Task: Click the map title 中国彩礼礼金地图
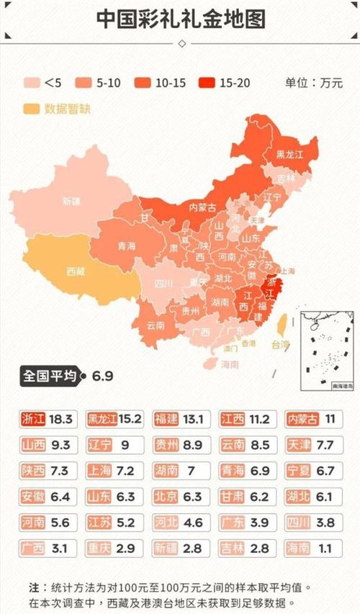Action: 179,17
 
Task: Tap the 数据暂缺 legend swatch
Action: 32,109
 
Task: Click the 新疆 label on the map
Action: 71,201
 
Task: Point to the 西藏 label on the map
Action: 75,272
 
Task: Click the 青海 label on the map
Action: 127,245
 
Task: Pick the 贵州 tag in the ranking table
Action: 166,445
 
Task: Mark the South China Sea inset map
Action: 325,351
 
